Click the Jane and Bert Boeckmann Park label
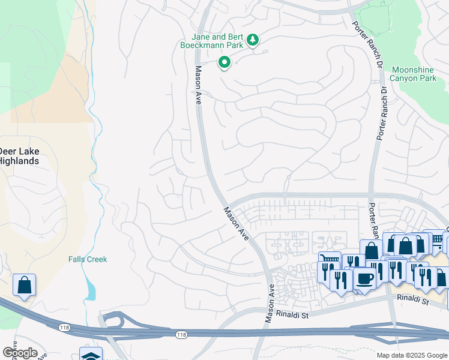tap(213, 40)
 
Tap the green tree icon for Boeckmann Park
tap(253, 40)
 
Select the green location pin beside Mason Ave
tap(224, 62)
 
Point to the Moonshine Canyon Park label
tap(413, 74)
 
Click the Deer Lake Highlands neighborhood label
tap(19, 156)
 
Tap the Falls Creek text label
tap(87, 259)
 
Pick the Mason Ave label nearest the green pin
tap(197, 85)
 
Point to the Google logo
tap(20, 353)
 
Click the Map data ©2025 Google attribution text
tap(411, 355)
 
